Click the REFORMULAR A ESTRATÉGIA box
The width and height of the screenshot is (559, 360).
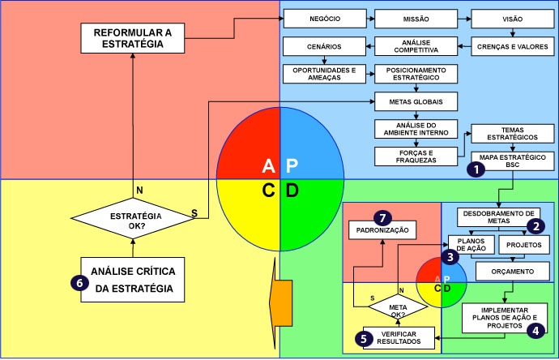[x=132, y=37]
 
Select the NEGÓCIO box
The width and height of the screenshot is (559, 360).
[x=323, y=17]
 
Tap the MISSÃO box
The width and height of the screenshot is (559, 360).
[x=416, y=17]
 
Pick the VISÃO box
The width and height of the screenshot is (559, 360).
[x=512, y=17]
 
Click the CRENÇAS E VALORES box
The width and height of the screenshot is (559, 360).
[x=512, y=46]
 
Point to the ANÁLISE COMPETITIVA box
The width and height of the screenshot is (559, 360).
[x=416, y=46]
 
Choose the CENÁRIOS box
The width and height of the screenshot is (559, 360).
[x=323, y=46]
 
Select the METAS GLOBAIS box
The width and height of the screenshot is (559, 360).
[x=416, y=101]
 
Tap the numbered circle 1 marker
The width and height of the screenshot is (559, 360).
[x=476, y=169]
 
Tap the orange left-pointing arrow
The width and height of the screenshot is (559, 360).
[x=280, y=301]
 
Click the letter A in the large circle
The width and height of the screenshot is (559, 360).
[x=269, y=166]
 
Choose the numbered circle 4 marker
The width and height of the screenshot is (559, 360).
[x=535, y=330]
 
